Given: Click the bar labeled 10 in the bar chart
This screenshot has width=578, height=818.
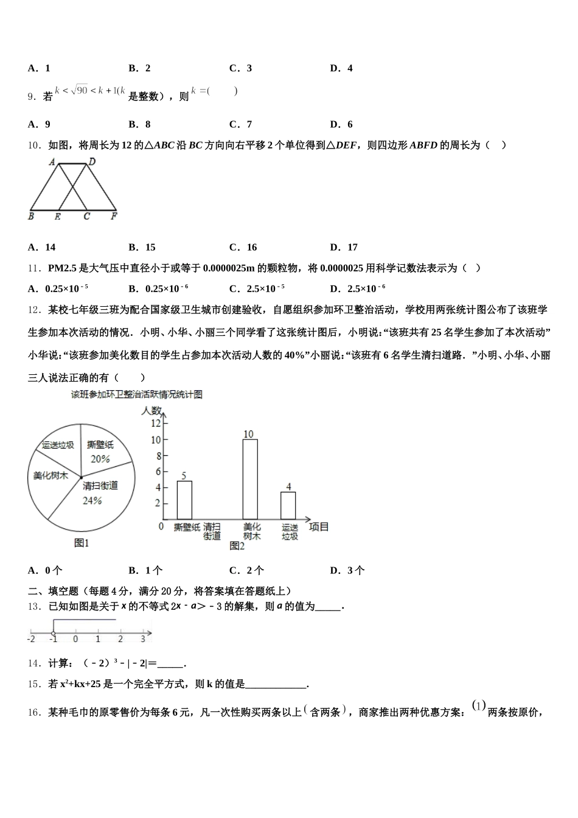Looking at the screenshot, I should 249,478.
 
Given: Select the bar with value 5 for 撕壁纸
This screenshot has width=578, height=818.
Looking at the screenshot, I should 184,499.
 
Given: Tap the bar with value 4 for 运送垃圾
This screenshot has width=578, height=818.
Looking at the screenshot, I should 288,505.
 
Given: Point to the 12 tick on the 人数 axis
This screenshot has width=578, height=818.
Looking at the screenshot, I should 156,424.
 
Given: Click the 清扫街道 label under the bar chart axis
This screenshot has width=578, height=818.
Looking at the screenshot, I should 212,531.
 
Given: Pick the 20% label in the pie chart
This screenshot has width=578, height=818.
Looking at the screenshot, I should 100,459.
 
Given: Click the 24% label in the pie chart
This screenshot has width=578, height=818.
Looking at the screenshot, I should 92,500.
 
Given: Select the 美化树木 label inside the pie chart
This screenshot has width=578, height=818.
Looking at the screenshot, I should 50,475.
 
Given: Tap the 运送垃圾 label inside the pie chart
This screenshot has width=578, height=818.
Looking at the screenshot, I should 58,445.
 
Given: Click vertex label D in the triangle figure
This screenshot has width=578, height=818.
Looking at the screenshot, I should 92,161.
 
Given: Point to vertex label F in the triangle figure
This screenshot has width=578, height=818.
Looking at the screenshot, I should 114,216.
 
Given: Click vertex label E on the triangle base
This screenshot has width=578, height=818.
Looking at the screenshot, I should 58,216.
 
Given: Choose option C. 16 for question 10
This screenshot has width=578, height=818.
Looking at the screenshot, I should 243,247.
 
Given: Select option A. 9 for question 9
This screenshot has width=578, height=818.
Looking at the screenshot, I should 40,124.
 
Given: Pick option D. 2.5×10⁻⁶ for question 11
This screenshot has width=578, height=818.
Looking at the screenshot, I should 358,288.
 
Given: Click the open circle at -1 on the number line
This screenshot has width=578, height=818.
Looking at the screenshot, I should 54,633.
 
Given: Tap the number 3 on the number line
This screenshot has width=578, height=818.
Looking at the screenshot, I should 143,639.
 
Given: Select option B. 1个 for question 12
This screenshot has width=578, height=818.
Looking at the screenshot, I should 146,570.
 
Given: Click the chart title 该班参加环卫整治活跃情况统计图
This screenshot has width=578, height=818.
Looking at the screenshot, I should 137,394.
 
